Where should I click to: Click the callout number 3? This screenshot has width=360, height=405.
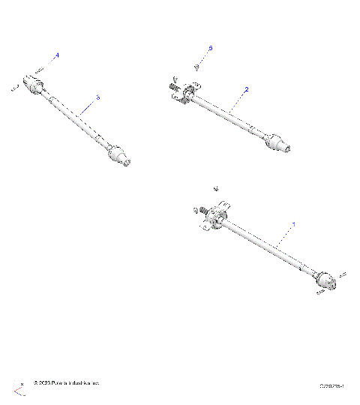98,97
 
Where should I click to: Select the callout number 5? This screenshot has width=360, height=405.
210,48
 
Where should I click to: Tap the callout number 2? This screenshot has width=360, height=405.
247,89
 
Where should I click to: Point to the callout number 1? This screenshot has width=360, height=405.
294,223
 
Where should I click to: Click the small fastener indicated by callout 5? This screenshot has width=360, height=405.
196,66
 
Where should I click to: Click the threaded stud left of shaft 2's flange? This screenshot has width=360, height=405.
172,86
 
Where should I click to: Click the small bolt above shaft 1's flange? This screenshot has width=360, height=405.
215,187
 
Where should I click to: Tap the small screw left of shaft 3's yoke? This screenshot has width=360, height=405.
14,88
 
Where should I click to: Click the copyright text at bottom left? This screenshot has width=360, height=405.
66,384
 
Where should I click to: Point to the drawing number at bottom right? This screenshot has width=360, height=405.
332,385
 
